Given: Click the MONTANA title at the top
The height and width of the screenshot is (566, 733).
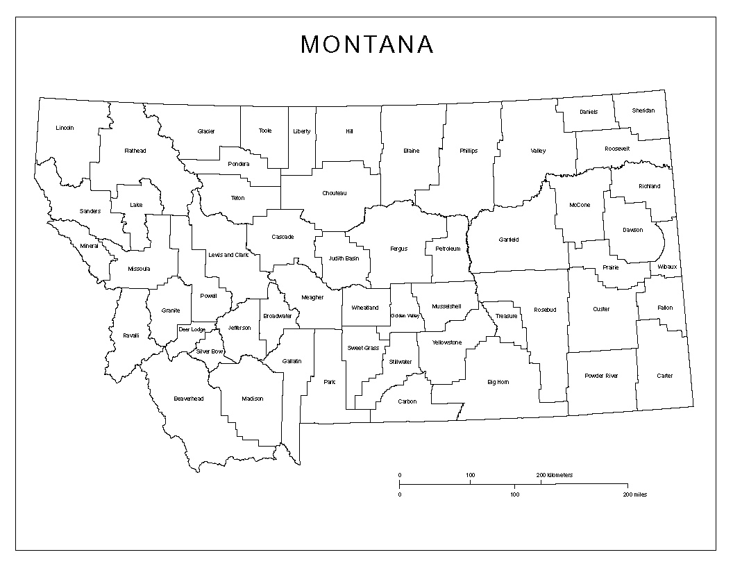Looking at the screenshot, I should pos(367,44).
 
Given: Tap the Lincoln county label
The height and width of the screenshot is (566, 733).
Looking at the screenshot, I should pos(65,128).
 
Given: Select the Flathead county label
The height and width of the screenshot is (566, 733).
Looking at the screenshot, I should pos(135,150).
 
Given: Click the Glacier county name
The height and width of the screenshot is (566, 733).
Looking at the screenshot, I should pos(206,131).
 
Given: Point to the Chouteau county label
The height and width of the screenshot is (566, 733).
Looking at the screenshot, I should pos(334,193).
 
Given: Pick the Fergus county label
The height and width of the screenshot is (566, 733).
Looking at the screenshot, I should pos(398,249).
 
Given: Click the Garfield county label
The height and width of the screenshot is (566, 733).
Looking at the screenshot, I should pos(509,240).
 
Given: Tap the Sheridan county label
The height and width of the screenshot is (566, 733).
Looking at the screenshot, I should pos(643,110).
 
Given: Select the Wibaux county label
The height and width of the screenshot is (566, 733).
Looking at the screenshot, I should pos(667,267).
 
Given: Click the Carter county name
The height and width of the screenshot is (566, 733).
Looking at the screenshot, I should pos(664,376).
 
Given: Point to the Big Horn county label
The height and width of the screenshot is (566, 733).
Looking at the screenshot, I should pos(498,382).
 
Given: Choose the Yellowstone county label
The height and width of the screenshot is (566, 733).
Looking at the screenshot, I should pos(446,342).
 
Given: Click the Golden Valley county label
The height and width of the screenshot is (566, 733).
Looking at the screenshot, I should pos(405,316).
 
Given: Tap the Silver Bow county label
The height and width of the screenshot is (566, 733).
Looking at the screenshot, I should pos(209,351).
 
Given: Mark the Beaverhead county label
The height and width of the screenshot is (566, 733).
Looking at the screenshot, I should pos(188,399).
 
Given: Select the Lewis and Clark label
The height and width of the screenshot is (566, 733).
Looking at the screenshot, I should pos(228,255).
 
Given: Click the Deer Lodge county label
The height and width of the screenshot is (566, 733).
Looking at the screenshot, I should pos(192,329).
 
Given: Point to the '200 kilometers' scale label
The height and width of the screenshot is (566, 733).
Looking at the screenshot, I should pos(555,475).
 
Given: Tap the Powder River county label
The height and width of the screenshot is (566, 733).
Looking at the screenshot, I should pos(601,376).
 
